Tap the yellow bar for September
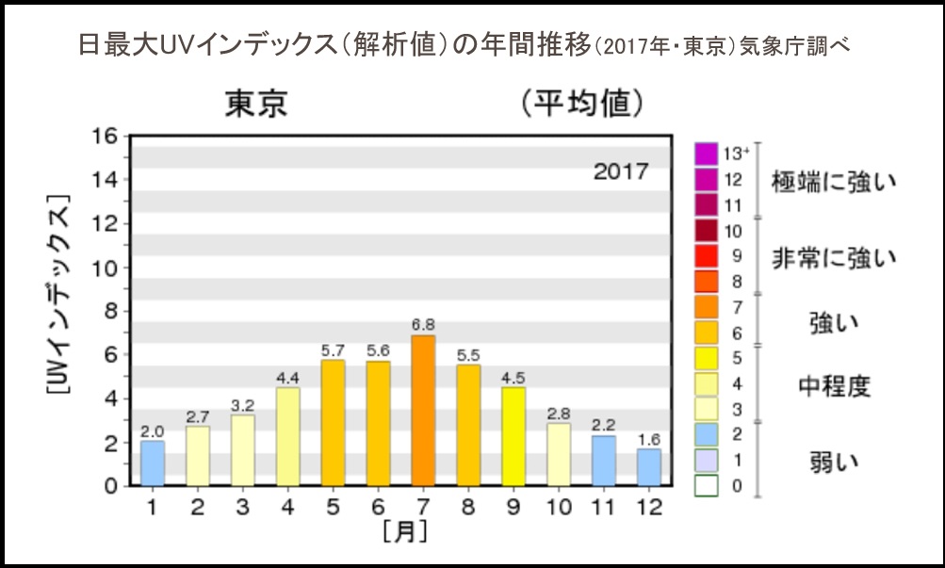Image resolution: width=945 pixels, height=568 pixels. (513, 436)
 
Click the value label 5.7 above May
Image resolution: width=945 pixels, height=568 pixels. (333, 349)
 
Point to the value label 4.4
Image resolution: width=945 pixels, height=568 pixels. (287, 378)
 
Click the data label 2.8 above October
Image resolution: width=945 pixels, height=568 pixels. (559, 414)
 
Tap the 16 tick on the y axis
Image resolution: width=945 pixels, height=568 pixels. (105, 136)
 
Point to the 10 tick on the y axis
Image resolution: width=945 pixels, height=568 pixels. (105, 268)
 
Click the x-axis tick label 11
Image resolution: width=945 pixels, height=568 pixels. (604, 507)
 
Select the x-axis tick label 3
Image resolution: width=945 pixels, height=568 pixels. (242, 507)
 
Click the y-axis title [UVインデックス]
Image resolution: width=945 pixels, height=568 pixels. (58, 310)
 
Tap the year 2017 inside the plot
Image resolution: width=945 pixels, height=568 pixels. (621, 171)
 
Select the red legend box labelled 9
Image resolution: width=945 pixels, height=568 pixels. (706, 255)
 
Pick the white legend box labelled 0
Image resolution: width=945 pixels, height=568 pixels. (706, 486)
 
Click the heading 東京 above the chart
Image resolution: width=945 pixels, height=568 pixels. (255, 105)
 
